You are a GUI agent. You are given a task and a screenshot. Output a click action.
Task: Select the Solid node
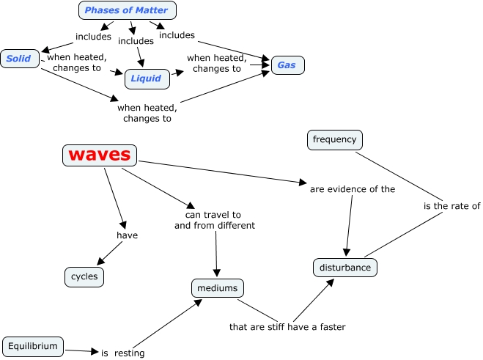(x=19, y=59)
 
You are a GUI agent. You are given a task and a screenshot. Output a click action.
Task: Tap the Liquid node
(x=146, y=78)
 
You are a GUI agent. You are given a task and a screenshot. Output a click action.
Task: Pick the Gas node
(x=287, y=65)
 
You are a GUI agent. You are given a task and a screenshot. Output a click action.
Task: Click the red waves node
(x=99, y=155)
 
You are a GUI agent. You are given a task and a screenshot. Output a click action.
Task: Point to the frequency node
(x=334, y=139)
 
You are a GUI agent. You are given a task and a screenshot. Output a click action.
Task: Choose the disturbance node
(x=346, y=268)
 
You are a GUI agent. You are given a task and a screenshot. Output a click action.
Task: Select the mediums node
(x=217, y=288)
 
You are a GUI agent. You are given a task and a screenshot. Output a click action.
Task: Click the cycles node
(x=84, y=277)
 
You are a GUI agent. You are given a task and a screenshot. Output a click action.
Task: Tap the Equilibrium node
(x=33, y=345)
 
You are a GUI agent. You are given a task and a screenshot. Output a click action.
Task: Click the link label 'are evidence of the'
(x=353, y=188)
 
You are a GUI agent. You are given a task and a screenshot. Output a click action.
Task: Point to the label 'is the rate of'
(x=451, y=206)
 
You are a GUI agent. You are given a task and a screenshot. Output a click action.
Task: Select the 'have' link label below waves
(x=128, y=235)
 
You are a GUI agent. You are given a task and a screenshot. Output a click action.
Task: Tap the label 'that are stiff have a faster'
(x=287, y=326)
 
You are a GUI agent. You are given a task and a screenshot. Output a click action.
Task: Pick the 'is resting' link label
(x=123, y=353)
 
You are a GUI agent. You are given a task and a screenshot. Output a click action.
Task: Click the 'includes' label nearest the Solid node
(x=93, y=35)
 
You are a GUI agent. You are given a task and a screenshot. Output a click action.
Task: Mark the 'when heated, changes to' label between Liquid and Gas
(x=215, y=63)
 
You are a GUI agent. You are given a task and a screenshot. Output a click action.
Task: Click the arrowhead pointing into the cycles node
(x=100, y=261)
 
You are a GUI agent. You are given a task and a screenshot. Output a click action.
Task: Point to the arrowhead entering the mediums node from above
(x=217, y=274)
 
